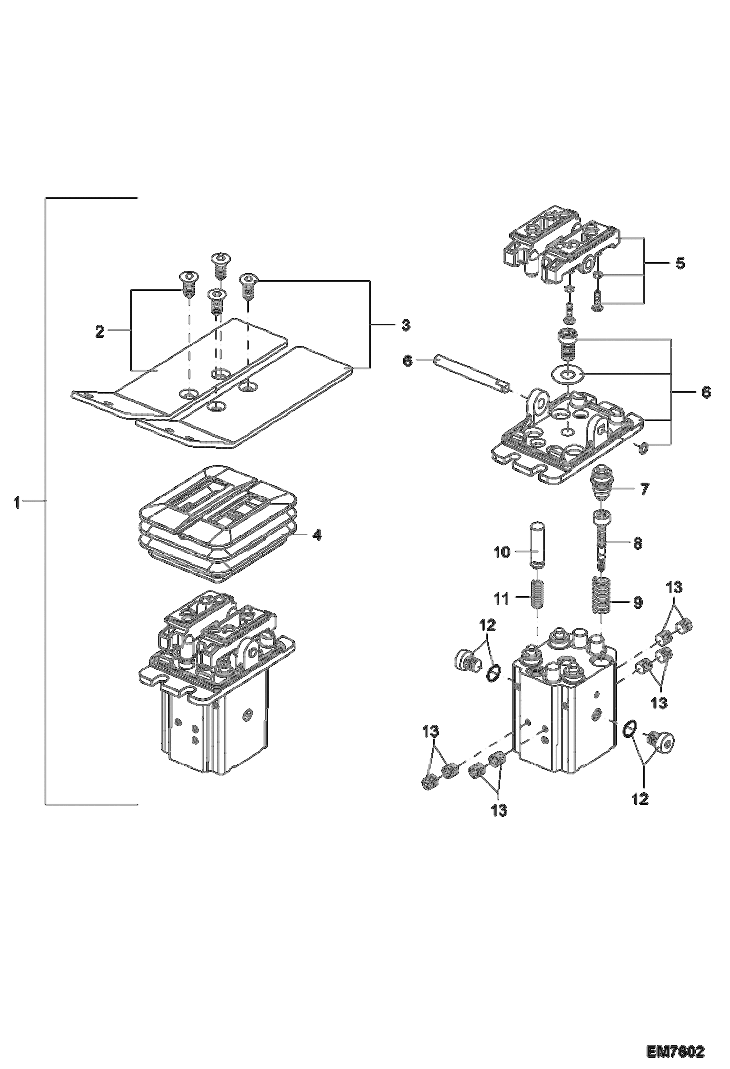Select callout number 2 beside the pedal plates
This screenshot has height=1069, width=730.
pyautogui.click(x=99, y=332)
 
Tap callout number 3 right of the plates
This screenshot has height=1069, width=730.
pyautogui.click(x=405, y=325)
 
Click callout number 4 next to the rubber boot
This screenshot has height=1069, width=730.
pyautogui.click(x=317, y=534)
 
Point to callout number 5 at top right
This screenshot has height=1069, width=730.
pyautogui.click(x=680, y=263)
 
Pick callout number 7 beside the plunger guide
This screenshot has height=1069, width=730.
pyautogui.click(x=644, y=489)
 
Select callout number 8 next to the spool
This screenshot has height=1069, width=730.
pyautogui.click(x=637, y=543)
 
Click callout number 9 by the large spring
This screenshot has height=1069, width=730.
pyautogui.click(x=637, y=603)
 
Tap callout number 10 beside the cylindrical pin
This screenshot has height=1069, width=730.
pyautogui.click(x=502, y=552)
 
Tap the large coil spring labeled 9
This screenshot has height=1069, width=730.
pyautogui.click(x=601, y=596)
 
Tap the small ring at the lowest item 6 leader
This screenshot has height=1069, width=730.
pyautogui.click(x=643, y=447)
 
